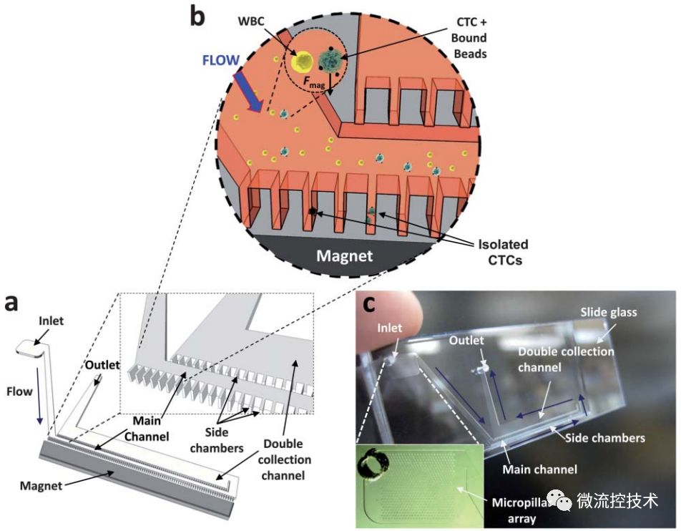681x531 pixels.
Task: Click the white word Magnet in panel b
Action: (344, 255)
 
